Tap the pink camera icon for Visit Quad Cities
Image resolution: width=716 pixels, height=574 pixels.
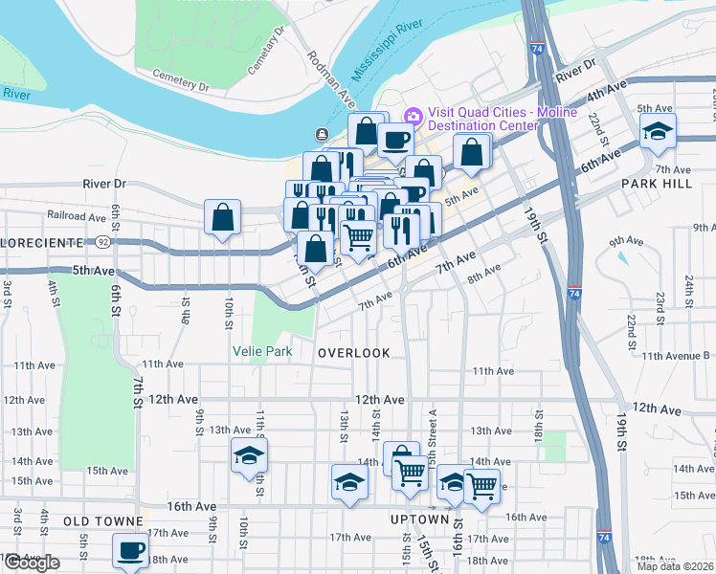tap(414, 116)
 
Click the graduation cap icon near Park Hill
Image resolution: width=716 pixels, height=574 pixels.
tap(658, 131)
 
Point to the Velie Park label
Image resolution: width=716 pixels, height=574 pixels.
tap(262, 352)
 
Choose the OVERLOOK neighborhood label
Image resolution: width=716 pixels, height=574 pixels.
tap(354, 353)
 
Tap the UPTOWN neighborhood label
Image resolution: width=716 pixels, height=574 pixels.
tap(419, 519)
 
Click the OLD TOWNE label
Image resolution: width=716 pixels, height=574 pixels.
tap(102, 521)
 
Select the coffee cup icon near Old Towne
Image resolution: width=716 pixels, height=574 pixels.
tap(130, 550)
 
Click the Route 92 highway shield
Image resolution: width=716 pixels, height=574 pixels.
tap(101, 243)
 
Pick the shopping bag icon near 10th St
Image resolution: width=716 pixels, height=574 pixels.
tap(223, 216)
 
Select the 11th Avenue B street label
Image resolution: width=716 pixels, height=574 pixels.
tap(677, 356)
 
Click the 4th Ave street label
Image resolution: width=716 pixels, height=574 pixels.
tap(607, 96)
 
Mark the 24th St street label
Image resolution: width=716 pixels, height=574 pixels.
tap(689, 286)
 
